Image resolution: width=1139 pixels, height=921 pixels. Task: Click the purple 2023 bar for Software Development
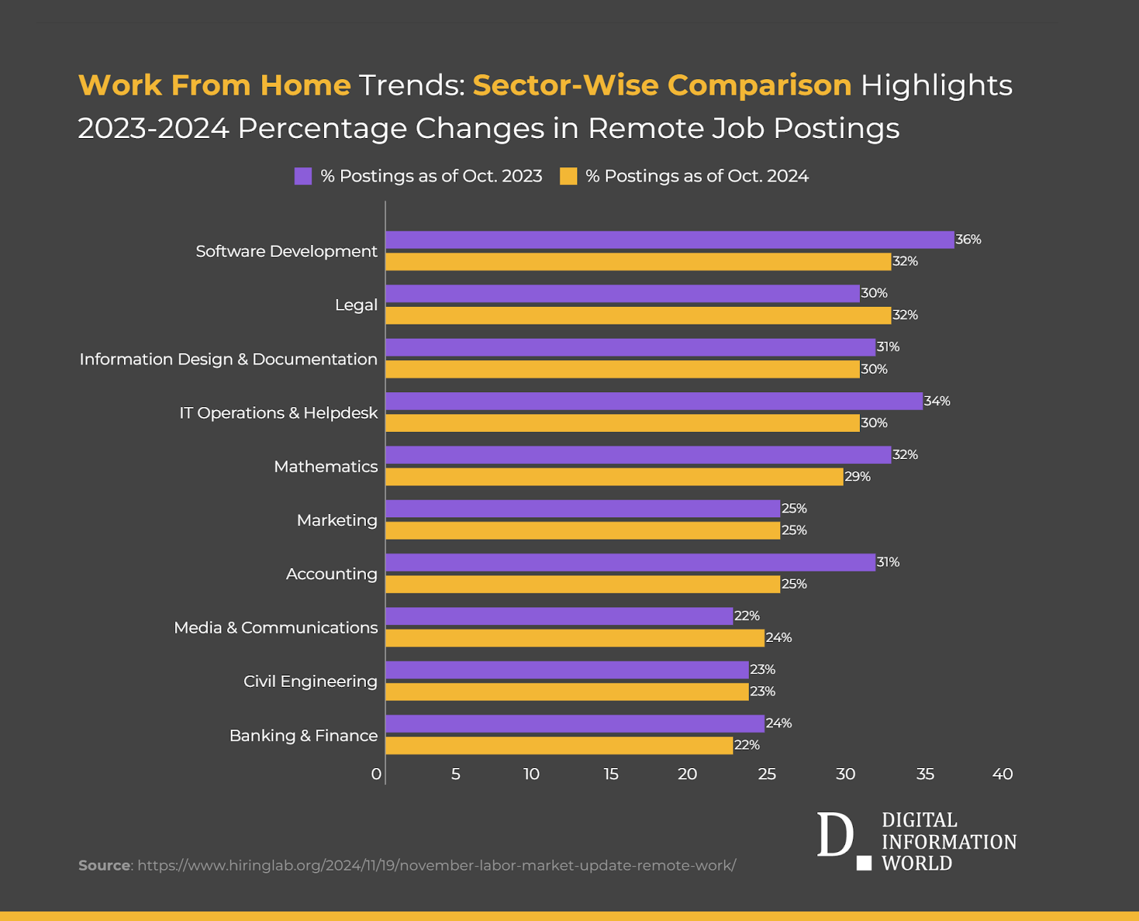click(669, 240)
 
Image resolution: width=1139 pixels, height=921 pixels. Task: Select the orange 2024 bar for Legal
click(638, 315)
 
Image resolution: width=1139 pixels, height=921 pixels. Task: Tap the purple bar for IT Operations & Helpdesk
click(654, 401)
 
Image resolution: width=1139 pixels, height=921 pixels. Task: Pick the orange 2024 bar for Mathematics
click(614, 477)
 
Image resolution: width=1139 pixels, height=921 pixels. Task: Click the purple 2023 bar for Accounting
click(630, 562)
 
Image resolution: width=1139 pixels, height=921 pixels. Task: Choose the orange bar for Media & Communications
click(574, 638)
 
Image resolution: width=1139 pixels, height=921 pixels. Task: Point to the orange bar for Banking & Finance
click(559, 745)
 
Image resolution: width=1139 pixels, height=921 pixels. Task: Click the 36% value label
click(968, 240)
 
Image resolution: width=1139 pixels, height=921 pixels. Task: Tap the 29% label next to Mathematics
click(857, 477)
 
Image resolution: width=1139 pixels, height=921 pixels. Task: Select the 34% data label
click(937, 401)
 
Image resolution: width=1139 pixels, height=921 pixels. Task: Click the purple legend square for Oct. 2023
click(303, 177)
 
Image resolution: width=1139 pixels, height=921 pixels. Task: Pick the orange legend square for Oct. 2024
click(568, 177)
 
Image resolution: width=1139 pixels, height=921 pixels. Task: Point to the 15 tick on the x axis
click(611, 774)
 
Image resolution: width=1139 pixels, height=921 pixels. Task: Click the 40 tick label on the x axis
click(1002, 774)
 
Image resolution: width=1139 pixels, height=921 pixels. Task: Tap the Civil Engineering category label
click(310, 682)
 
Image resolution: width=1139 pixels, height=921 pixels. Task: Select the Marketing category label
click(337, 520)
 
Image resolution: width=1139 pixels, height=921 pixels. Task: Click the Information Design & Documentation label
click(229, 359)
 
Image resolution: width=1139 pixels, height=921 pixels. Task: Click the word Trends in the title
click(411, 85)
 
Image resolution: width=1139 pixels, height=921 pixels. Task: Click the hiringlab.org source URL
click(436, 865)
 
